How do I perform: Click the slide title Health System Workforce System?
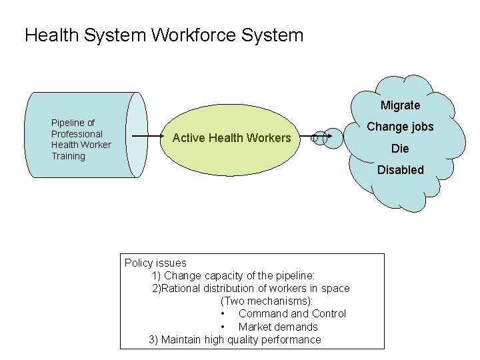click(163, 35)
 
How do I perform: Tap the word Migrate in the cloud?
click(400, 105)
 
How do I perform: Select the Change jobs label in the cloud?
click(400, 127)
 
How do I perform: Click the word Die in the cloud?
click(400, 148)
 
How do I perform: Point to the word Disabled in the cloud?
click(400, 170)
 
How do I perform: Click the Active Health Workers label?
click(231, 138)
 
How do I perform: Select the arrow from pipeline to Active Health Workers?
click(148, 137)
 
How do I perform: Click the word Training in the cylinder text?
click(69, 156)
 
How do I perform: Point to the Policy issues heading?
click(155, 263)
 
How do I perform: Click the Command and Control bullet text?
click(292, 313)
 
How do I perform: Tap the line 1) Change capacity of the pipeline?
click(233, 275)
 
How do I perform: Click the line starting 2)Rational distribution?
click(251, 288)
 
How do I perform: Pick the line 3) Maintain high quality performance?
click(235, 339)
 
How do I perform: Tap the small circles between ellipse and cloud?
click(321, 138)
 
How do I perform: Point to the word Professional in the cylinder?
click(77, 134)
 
